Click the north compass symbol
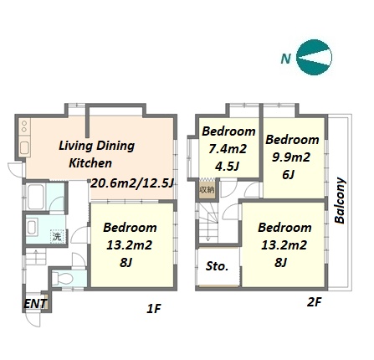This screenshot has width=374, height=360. pos(314,58)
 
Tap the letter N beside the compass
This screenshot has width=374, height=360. pos(286,59)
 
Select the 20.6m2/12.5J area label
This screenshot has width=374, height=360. pos(132,183)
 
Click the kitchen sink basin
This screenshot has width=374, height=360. pos(24,148)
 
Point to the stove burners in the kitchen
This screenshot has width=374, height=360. pos(24,126)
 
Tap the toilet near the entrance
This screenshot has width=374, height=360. pos(63,278)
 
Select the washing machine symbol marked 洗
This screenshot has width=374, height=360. pos(58,236)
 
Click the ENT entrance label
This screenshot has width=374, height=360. pos(35,304)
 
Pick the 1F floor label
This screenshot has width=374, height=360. pos(154,308)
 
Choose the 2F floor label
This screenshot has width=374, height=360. pos(314,302)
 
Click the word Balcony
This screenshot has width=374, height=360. pos(341,200)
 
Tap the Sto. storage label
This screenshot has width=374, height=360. pos(217,266)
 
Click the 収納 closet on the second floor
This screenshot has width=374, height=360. pos(207,188)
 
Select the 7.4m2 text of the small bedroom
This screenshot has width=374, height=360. pos(228,149)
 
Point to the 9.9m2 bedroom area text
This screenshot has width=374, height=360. pos(291,157)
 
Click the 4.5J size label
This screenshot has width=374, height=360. pos(228,167)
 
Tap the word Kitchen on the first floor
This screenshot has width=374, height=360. pos(90,163)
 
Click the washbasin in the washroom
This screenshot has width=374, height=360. pos(32,228)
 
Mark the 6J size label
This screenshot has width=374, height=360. pos(289,175)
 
